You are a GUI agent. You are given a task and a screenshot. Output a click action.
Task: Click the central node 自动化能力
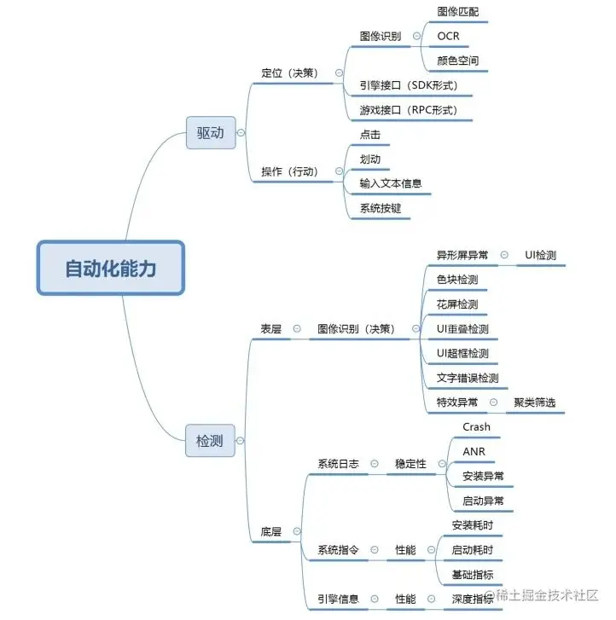tap(110, 268)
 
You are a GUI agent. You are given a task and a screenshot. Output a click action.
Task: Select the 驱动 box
tap(210, 133)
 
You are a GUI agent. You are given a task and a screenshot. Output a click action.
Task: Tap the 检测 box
tap(210, 441)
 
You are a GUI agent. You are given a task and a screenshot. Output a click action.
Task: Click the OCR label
tap(449, 37)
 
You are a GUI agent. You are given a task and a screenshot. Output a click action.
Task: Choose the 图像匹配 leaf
tap(458, 12)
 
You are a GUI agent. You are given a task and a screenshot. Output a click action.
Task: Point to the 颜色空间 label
tap(458, 61)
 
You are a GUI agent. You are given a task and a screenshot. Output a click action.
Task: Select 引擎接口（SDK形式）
tap(415, 85)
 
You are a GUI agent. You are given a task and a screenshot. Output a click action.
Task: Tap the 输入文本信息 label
tap(391, 183)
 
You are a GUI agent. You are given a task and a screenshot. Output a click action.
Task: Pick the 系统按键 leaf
tap(380, 207)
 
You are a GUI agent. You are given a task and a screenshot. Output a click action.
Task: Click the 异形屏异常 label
tap(462, 255)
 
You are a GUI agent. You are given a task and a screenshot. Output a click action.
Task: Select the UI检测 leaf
tap(541, 255)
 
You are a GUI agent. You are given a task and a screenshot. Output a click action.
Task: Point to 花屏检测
tap(457, 304)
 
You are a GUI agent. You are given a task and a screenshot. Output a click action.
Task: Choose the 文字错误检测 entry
tap(468, 378)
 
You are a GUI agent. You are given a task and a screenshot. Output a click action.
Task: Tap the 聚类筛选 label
tap(536, 403)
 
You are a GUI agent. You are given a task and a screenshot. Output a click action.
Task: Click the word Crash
tap(476, 426)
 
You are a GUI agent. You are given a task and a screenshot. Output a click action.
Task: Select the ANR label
tap(474, 451)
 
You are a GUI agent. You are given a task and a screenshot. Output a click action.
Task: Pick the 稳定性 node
tap(411, 464)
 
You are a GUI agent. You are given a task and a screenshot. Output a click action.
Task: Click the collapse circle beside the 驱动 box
tap(241, 133)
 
